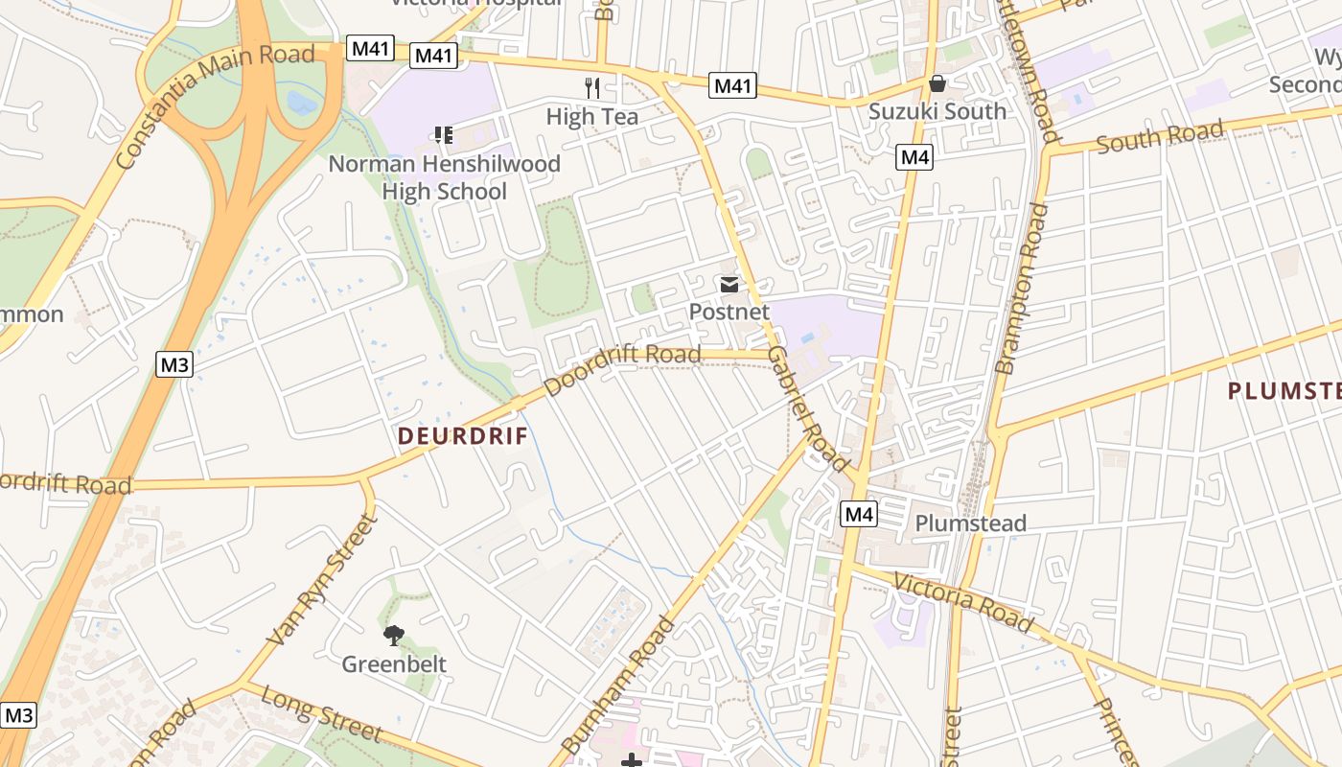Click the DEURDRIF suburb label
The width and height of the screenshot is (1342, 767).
pyautogui.click(x=463, y=436)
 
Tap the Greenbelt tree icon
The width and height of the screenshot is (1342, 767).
pyautogui.click(x=393, y=635)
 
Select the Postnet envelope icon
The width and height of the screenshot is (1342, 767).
pyautogui.click(x=729, y=285)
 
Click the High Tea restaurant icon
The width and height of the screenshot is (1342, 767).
pyautogui.click(x=592, y=88)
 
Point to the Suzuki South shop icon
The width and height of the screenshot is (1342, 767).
pyautogui.click(x=937, y=83)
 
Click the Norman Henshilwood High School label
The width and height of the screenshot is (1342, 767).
pyautogui.click(x=444, y=177)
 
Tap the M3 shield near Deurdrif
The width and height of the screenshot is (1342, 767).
pyautogui.click(x=175, y=364)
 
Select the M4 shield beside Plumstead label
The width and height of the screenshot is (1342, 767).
pyautogui.click(x=859, y=515)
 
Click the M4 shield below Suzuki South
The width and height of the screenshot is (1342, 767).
pyautogui.click(x=914, y=157)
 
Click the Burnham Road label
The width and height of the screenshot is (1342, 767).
pyautogui.click(x=618, y=686)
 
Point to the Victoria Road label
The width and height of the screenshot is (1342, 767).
pyautogui.click(x=963, y=603)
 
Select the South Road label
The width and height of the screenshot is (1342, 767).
pyautogui.click(x=1159, y=137)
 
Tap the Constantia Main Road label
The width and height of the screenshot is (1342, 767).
pyautogui.click(x=216, y=105)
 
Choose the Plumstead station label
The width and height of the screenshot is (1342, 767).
pyautogui.click(x=970, y=523)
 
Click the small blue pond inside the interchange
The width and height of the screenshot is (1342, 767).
pyautogui.click(x=300, y=102)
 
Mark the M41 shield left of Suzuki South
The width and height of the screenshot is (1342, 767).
pyautogui.click(x=733, y=86)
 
